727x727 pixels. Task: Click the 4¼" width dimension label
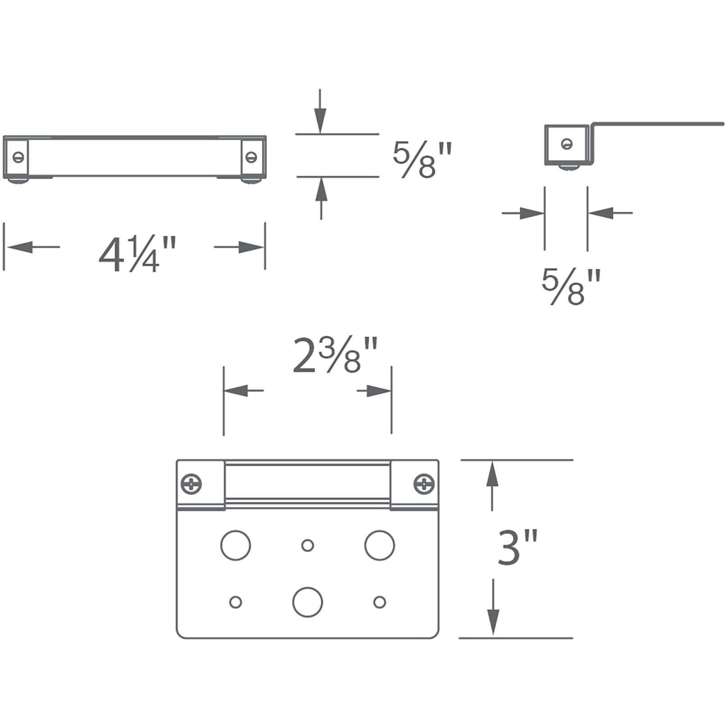(x=137, y=255)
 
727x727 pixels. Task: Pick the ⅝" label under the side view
(x=571, y=286)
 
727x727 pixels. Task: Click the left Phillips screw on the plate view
(x=191, y=484)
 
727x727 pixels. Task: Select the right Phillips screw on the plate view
(x=424, y=484)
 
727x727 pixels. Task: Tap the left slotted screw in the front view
(x=18, y=157)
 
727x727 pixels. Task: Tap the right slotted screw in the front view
(x=251, y=157)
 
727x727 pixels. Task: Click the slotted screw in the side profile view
(x=567, y=144)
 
